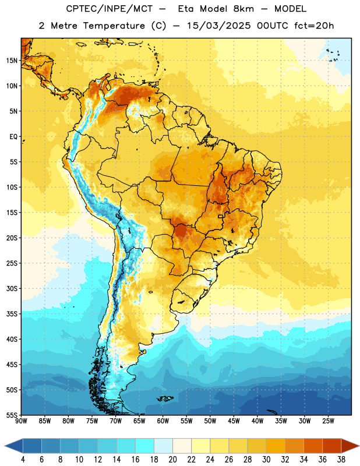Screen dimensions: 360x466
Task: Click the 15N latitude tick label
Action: click(x=12, y=61)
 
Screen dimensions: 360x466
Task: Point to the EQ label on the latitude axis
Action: click(x=13, y=137)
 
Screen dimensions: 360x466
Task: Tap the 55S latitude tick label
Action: click(x=12, y=415)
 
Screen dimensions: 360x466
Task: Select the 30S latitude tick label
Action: click(x=12, y=288)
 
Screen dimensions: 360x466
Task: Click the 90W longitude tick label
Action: click(x=22, y=421)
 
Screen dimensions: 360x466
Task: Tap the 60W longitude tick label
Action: click(x=163, y=421)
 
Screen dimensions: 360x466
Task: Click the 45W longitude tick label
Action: click(x=234, y=421)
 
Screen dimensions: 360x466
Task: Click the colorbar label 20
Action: click(x=172, y=460)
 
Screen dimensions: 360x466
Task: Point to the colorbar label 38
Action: click(x=341, y=460)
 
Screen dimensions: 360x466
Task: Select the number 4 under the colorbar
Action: click(x=23, y=460)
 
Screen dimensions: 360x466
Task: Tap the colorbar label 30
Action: click(x=266, y=460)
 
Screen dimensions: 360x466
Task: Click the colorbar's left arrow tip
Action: click(x=5, y=446)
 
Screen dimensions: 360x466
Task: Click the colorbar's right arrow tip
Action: click(x=359, y=446)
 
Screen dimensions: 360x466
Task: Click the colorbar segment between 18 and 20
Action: click(x=163, y=446)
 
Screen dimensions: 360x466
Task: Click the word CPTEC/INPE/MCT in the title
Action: click(x=109, y=9)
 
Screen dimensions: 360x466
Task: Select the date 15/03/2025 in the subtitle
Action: click(x=219, y=26)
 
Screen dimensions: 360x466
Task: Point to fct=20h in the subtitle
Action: click(x=314, y=26)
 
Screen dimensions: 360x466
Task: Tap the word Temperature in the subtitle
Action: click(x=114, y=26)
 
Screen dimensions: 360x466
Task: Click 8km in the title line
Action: click(x=243, y=9)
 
